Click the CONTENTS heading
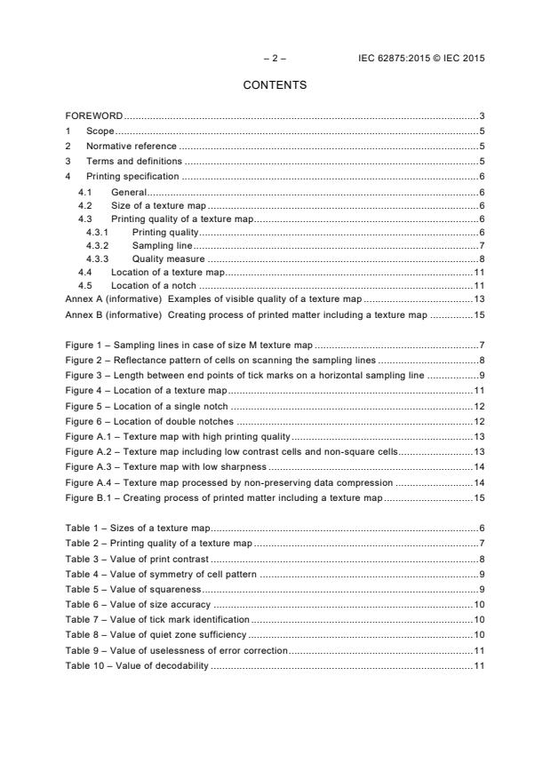click(275, 85)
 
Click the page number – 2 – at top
click(275, 59)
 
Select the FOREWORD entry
click(94, 116)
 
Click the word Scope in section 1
click(100, 131)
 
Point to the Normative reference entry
click(131, 146)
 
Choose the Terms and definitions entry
click(133, 161)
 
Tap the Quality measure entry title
click(169, 258)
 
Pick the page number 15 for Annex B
click(478, 314)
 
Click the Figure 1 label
click(85, 344)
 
